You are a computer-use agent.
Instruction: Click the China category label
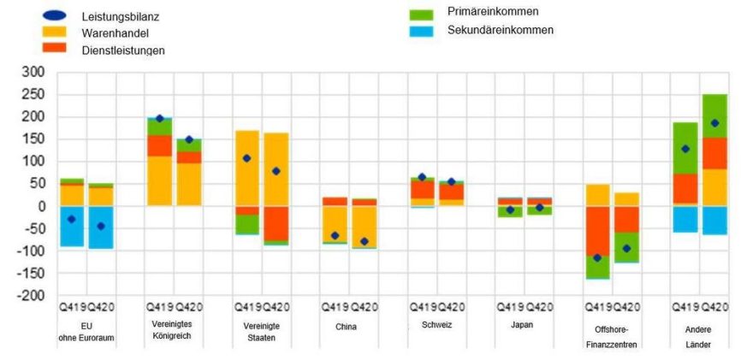pos(346,327)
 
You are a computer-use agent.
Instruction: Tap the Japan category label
pos(520,327)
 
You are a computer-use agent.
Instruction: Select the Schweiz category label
pos(434,326)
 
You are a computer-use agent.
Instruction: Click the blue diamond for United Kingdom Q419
pos(159,119)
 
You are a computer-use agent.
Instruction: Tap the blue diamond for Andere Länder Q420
pos(714,123)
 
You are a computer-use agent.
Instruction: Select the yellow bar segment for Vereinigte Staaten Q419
pos(247,168)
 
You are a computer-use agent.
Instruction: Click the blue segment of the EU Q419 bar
pos(72,227)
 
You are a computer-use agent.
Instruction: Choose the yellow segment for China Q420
pos(365,227)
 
